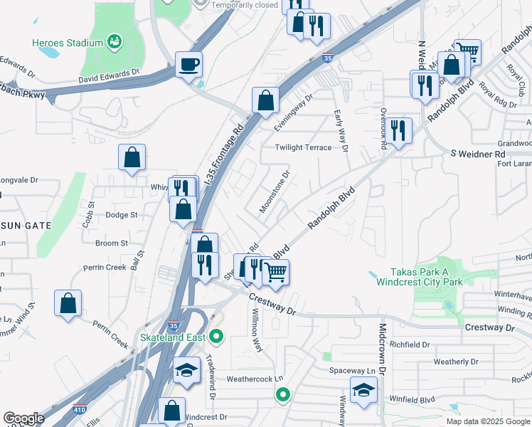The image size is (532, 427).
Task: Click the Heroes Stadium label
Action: [68, 43]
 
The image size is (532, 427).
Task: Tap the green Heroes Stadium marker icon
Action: [114, 43]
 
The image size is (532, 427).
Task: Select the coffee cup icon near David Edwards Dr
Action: [188, 65]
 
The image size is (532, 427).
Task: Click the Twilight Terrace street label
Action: [304, 147]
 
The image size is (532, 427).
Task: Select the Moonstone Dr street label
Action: [275, 191]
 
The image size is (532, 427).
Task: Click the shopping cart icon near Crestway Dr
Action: [276, 272]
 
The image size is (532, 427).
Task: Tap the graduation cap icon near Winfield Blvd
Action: [363, 391]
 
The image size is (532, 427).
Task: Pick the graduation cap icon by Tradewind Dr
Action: [186, 370]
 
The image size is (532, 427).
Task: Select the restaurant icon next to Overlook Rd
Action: [398, 130]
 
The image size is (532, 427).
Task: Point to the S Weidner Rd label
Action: [477, 154]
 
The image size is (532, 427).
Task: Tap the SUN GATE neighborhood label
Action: [26, 225]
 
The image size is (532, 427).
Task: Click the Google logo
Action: [23, 418]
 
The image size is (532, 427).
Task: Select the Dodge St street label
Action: [121, 214]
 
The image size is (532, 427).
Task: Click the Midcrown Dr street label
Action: [382, 349]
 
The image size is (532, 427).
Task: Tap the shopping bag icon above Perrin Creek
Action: [68, 302]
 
